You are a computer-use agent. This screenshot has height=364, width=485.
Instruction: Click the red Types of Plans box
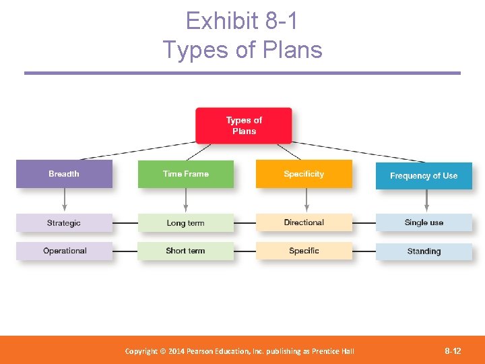pyautogui.click(x=243, y=125)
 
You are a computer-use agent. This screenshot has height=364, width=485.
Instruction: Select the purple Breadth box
pyautogui.click(x=64, y=174)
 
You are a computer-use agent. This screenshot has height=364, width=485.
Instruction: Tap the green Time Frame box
pyautogui.click(x=185, y=174)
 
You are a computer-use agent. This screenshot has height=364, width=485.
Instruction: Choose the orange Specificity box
pyautogui.click(x=304, y=174)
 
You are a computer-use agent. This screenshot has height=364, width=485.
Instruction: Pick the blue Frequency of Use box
pyautogui.click(x=424, y=175)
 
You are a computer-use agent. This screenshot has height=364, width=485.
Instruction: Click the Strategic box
pyautogui.click(x=64, y=223)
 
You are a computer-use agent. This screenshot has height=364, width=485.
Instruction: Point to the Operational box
pyautogui.click(x=64, y=251)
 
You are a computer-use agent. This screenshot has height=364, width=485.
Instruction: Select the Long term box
pyautogui.click(x=185, y=223)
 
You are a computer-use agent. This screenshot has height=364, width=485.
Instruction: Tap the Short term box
pyautogui.click(x=185, y=251)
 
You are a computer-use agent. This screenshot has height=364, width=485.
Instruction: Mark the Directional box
pyautogui.click(x=304, y=222)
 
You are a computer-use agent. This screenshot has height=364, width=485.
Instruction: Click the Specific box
pyautogui.click(x=304, y=251)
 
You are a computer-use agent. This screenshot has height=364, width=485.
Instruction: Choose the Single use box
pyautogui.click(x=424, y=222)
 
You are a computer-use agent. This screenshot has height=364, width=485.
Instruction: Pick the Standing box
pyautogui.click(x=424, y=251)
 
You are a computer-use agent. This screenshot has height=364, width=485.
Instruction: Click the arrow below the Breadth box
pyautogui.click(x=65, y=200)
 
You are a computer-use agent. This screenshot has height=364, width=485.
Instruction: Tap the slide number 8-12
pyautogui.click(x=453, y=351)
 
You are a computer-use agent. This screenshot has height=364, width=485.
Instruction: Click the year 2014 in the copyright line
pyautogui.click(x=176, y=351)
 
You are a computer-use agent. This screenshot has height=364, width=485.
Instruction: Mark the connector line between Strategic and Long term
pyautogui.click(x=125, y=223)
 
